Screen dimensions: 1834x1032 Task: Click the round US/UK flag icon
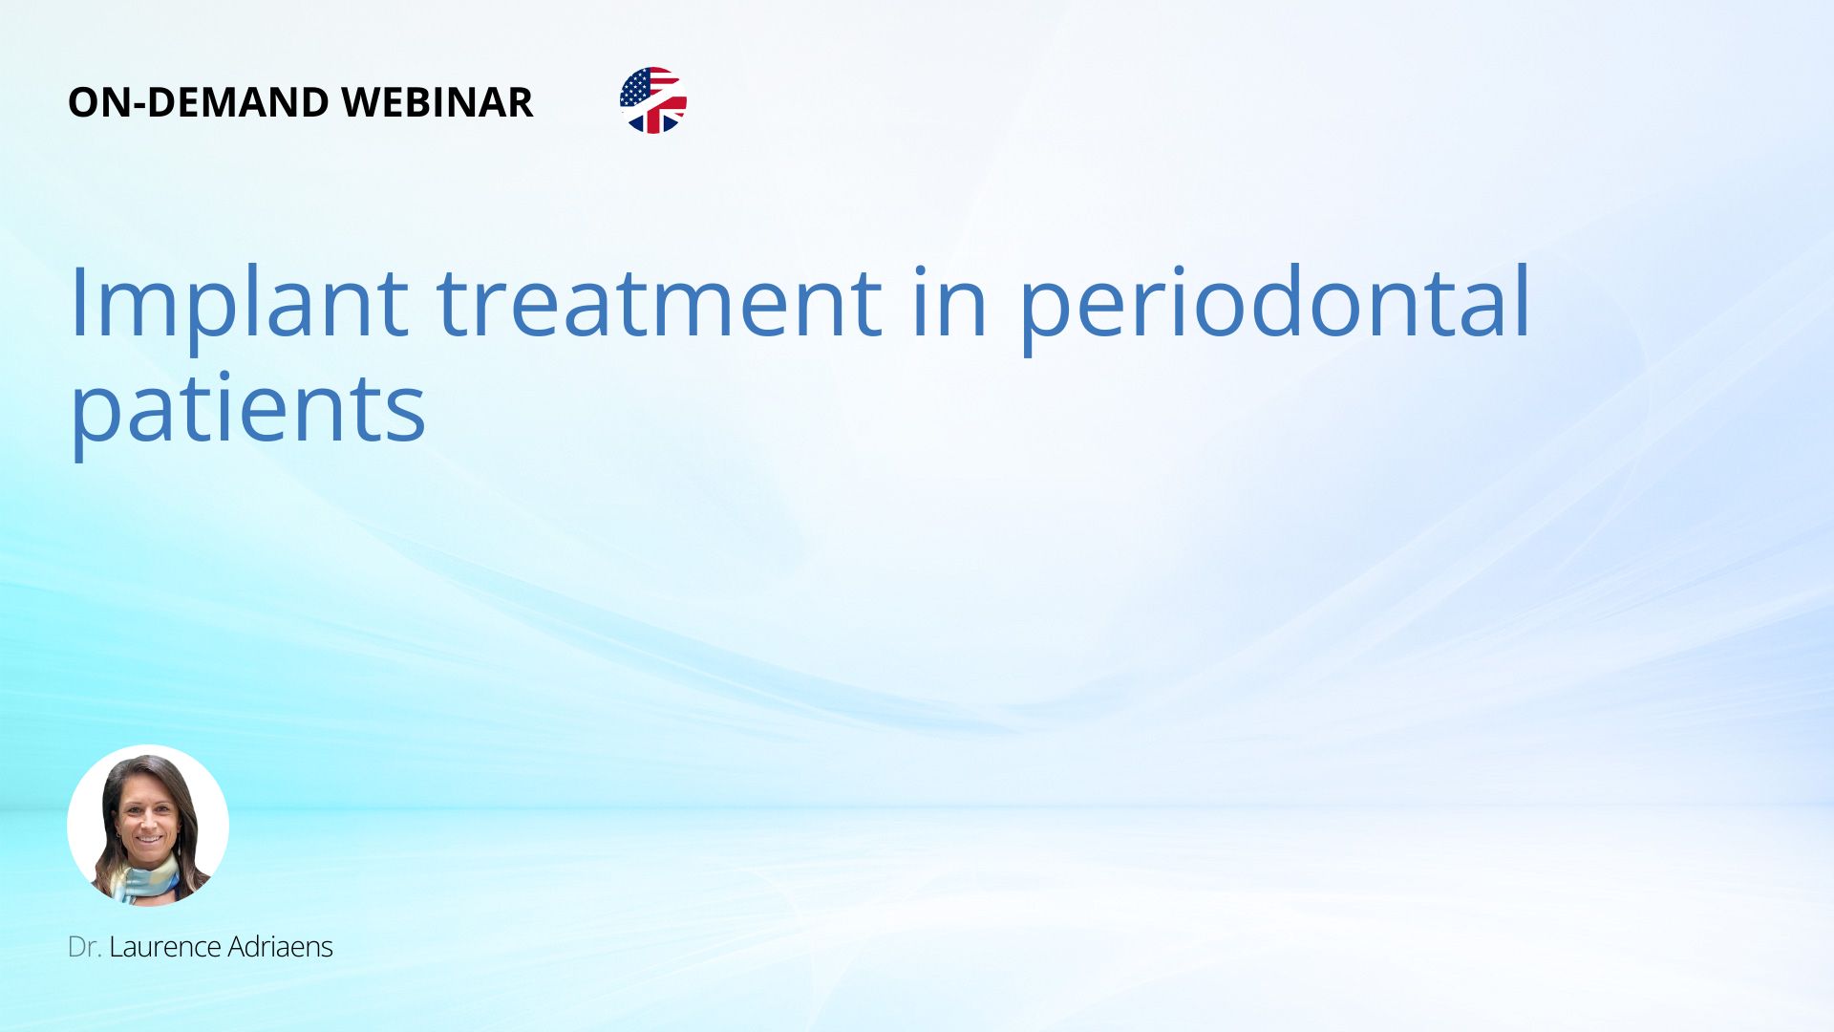pos(653,100)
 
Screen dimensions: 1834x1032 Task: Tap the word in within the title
pos(949,302)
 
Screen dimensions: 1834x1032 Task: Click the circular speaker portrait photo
pos(148,826)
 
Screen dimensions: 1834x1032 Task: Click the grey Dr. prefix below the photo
pos(85,947)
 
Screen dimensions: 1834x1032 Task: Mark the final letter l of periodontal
pos(1525,300)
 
